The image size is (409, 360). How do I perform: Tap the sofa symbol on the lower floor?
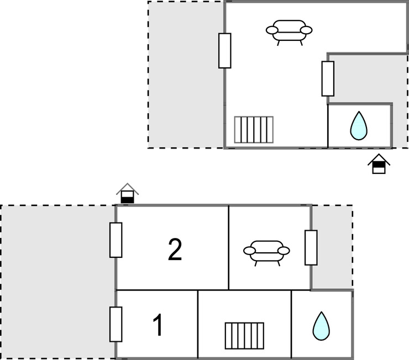coord(266,251)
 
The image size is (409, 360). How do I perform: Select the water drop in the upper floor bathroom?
coord(359,126)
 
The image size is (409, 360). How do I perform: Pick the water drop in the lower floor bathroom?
coord(321,326)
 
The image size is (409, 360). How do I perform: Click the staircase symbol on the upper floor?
coord(254,129)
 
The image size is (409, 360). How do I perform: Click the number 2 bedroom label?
coord(175,250)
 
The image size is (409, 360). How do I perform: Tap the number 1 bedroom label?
coord(158,326)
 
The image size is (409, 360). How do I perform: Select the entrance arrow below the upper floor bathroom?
coord(379,165)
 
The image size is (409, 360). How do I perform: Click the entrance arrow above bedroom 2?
coord(128,193)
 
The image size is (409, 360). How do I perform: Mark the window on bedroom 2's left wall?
coord(116,240)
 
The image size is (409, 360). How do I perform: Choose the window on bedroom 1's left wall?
coord(116,324)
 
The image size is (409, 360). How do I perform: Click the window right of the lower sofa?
coord(311,247)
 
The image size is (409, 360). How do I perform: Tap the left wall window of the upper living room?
coord(224,50)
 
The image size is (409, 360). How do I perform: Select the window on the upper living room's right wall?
coord(328,78)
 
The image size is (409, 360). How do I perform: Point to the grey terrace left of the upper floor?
coord(186,75)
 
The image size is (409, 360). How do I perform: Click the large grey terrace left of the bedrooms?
coord(57,282)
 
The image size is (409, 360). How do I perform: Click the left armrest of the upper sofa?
coord(271,30)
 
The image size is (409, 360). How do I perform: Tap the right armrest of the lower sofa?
coord(284,251)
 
